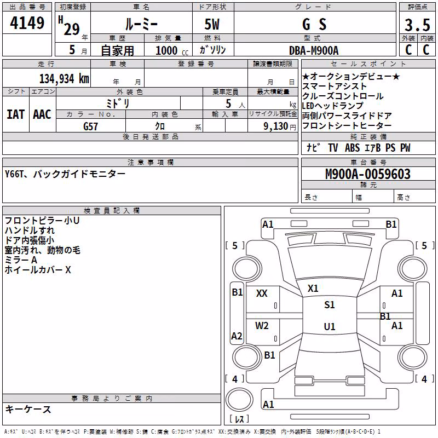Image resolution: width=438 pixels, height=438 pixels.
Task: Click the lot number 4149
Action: [x=27, y=23]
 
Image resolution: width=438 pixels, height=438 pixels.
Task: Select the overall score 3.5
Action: [x=417, y=25]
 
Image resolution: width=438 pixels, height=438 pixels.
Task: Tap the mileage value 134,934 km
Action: [x=64, y=79]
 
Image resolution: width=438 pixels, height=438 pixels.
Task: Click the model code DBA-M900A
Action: [x=314, y=50]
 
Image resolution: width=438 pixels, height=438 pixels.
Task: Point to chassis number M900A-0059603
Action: [x=368, y=174]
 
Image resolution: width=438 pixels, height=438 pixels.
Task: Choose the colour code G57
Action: [x=90, y=126]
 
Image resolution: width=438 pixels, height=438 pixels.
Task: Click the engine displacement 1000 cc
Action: [x=172, y=50]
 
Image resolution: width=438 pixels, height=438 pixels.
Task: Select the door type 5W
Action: [x=212, y=24]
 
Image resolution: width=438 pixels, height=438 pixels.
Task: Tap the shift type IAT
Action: [x=16, y=114]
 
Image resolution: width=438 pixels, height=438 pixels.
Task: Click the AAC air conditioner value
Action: [x=42, y=114]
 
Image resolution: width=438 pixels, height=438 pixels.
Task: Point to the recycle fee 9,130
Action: [x=276, y=126]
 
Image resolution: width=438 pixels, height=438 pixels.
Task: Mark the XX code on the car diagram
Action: [x=262, y=293]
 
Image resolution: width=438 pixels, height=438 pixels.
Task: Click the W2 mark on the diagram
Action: [x=262, y=326]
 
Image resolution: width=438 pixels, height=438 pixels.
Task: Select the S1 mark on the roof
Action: [x=330, y=305]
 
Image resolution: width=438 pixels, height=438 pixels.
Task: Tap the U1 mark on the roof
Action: [x=330, y=326]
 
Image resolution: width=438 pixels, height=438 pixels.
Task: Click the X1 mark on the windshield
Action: [x=313, y=289]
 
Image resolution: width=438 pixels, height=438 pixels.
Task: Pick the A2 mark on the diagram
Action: [x=237, y=336]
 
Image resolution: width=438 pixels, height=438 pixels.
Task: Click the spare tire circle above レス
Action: [x=239, y=400]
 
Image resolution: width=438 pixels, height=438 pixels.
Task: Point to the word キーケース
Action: [x=28, y=410]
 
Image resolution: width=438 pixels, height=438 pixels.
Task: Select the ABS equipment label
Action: [x=352, y=148]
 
